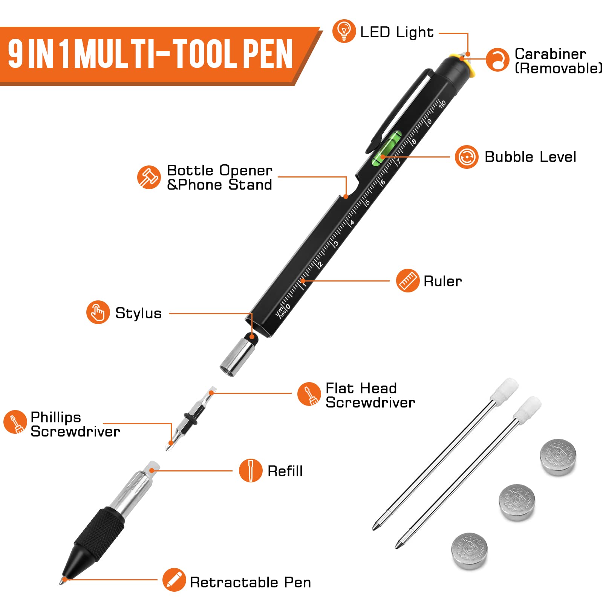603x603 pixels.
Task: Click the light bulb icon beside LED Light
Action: point(344,31)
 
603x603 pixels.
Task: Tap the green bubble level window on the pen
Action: point(386,148)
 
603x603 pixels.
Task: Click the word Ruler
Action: point(442,281)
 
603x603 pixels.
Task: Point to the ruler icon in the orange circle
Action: point(407,281)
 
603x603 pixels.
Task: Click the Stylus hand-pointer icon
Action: point(98,312)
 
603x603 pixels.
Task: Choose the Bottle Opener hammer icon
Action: point(149,177)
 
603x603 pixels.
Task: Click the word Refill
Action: point(285,471)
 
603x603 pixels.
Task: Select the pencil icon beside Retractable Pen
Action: point(174,580)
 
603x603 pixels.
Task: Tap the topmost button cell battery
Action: point(558,456)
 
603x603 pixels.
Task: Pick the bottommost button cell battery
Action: point(470,551)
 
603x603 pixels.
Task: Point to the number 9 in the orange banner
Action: point(16,54)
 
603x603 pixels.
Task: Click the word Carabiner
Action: point(550,54)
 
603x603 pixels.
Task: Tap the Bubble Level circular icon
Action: point(467,157)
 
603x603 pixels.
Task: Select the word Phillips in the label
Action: point(56,417)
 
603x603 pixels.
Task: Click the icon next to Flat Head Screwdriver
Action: point(309,394)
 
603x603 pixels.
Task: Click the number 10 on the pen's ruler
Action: point(442,103)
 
